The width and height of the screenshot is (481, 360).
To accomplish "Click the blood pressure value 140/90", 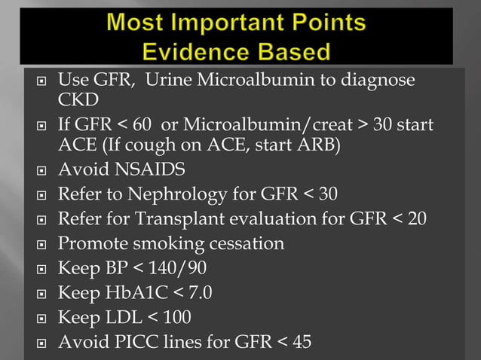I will tap(175, 268).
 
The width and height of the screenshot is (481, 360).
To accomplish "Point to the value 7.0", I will tap(197, 292).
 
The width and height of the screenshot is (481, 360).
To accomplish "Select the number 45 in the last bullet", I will tap(301, 342).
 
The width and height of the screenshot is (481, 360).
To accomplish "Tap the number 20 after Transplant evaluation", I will tap(417, 219).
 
